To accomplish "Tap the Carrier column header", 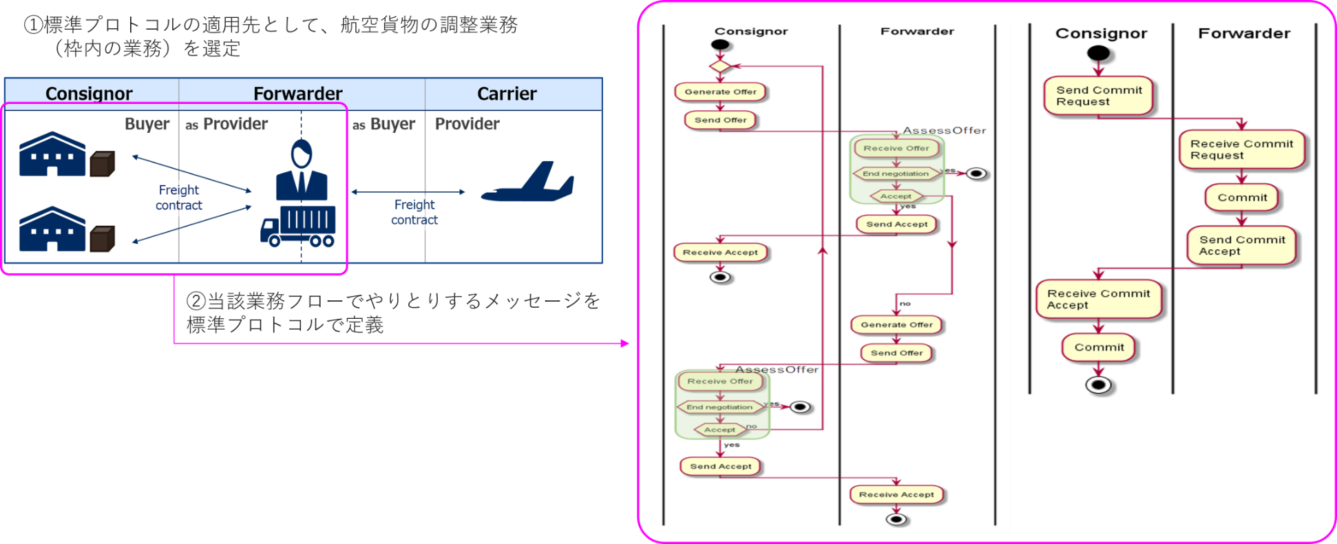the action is click(507, 94).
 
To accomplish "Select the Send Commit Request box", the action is click(1098, 96).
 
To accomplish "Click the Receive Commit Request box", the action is click(1241, 149).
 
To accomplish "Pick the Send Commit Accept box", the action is click(1241, 245).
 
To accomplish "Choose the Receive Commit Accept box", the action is click(1098, 299).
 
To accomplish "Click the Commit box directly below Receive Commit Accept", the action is click(1098, 348).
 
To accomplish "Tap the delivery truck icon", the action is click(298, 226).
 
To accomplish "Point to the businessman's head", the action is click(302, 153).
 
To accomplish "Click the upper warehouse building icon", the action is click(52, 154).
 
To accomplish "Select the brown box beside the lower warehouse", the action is click(103, 239).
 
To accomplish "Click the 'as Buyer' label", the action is click(383, 124).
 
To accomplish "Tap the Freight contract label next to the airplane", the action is click(414, 212).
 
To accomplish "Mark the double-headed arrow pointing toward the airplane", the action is click(408, 192).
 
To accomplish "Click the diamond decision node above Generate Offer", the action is click(719, 66).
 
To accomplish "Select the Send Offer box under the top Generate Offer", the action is click(720, 120).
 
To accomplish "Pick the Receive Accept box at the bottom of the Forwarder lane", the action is click(896, 494).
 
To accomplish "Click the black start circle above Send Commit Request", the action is click(1098, 53).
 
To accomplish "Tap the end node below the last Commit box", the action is click(1098, 385).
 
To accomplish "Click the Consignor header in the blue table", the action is click(89, 94).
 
